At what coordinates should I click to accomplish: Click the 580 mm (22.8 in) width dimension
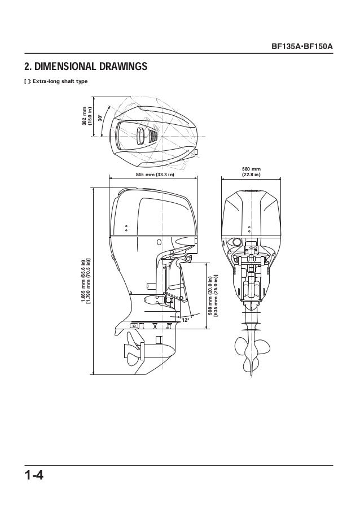tap(252, 172)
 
